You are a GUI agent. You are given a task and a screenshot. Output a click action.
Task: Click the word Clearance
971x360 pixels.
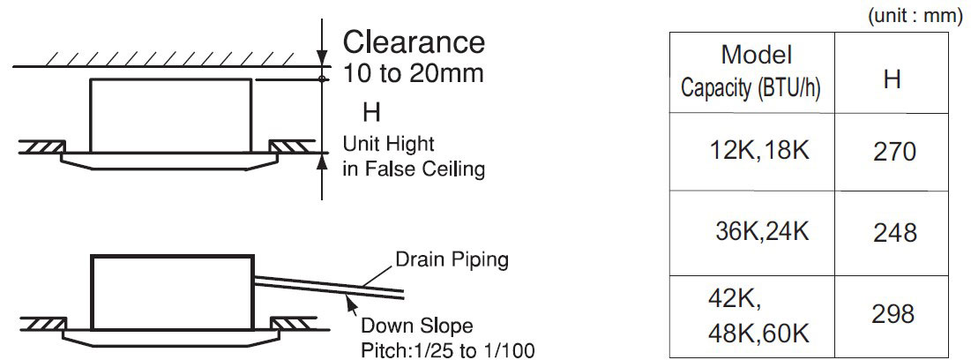tap(414, 42)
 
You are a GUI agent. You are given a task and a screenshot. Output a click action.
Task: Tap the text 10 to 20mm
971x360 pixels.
tap(413, 73)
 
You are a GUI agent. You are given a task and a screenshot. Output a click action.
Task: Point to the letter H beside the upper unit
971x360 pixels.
tap(371, 114)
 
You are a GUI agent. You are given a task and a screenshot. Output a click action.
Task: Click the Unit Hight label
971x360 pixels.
tap(389, 145)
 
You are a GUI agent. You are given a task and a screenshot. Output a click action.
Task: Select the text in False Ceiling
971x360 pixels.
tap(414, 169)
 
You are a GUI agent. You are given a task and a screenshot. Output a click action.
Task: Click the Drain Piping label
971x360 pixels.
tap(452, 259)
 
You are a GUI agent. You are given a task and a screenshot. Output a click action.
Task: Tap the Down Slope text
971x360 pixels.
tap(417, 326)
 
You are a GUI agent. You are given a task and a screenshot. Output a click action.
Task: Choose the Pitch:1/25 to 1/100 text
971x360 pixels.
tap(448, 350)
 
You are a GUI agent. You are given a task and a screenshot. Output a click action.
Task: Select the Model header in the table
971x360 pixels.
tap(756, 55)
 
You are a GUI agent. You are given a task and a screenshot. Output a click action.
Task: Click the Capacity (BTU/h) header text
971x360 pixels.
tap(751, 89)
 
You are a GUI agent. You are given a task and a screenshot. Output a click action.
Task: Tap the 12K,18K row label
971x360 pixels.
tap(758, 151)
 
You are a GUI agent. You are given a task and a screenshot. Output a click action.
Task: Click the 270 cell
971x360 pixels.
tap(894, 152)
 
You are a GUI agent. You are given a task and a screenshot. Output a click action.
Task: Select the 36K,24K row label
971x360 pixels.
tap(762, 232)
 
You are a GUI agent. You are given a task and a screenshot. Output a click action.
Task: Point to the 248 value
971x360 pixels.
tap(894, 233)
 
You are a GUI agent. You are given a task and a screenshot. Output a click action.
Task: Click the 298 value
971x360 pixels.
tap(893, 314)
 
